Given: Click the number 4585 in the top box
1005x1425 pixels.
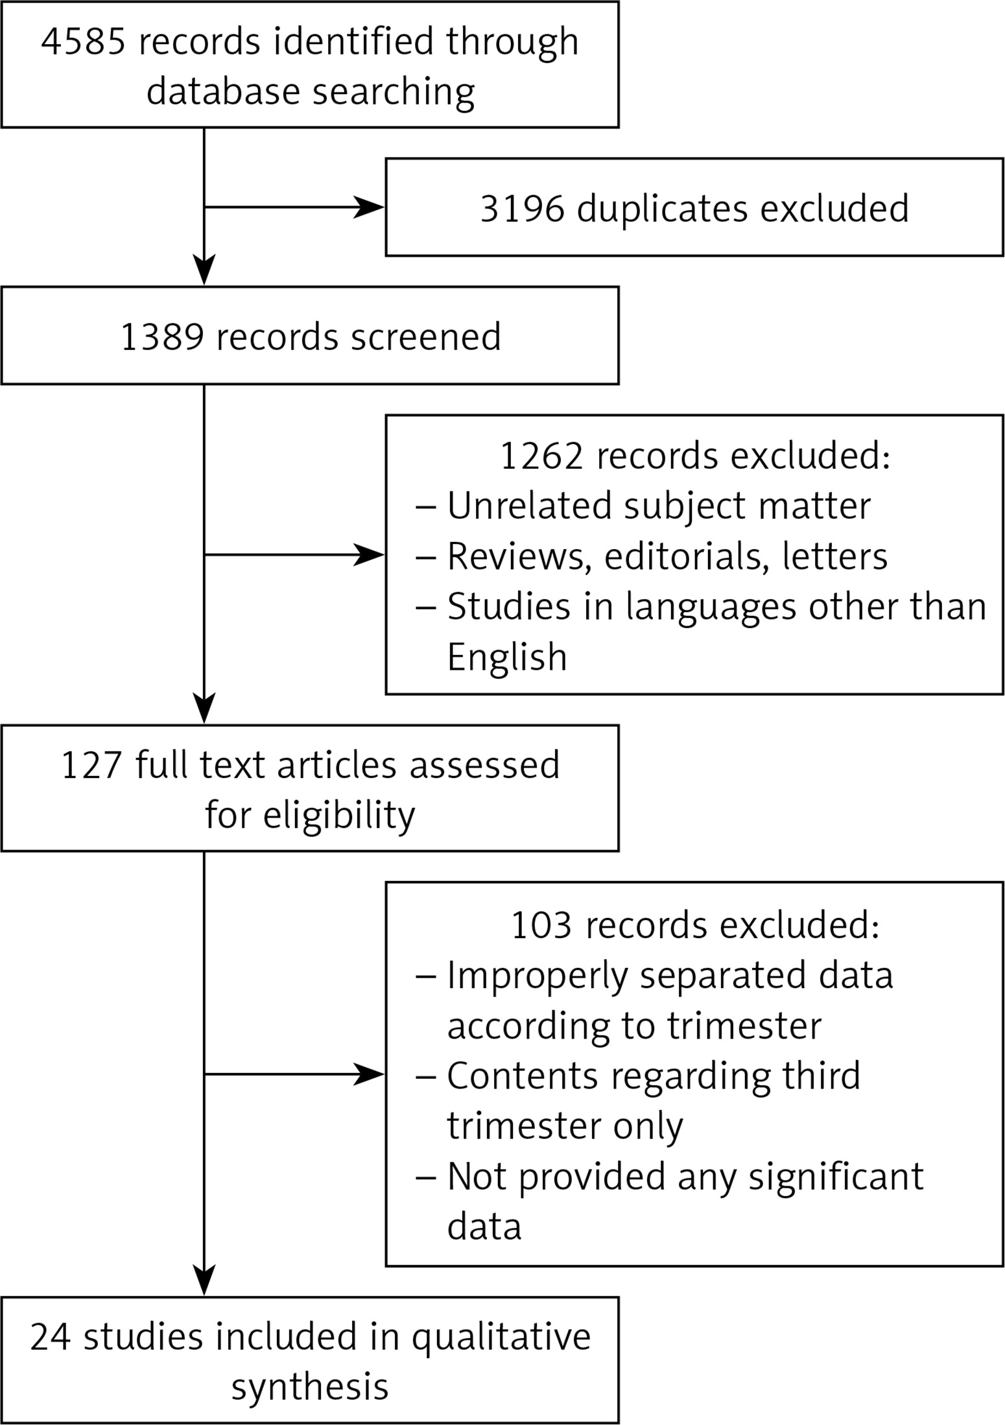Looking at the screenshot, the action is pos(83,42).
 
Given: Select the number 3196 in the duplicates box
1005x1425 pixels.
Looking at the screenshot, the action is pos(522,209).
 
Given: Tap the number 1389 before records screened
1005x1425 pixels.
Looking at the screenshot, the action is pos(162,337).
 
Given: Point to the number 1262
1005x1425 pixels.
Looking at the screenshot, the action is pos(541,456).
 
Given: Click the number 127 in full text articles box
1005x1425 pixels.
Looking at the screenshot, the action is pos(91,765).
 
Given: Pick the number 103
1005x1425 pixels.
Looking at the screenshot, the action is pos(541,925).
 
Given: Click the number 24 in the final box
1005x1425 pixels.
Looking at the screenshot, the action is pos(51,1337).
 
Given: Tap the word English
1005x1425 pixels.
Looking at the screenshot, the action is pos(507,657).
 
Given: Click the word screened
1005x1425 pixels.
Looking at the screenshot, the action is pos(426,337).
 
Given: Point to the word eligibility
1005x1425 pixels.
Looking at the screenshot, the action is pos(339,815).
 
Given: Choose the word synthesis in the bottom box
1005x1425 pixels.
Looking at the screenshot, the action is pos(310,1387).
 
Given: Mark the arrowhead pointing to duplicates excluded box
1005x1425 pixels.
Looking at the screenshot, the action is pos(369,207).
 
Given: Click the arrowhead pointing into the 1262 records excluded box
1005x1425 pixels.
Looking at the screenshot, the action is pos(369,555).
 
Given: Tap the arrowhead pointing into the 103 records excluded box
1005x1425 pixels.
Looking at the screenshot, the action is pos(369,1075).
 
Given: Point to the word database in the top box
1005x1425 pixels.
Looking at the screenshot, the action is pos(223,91).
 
